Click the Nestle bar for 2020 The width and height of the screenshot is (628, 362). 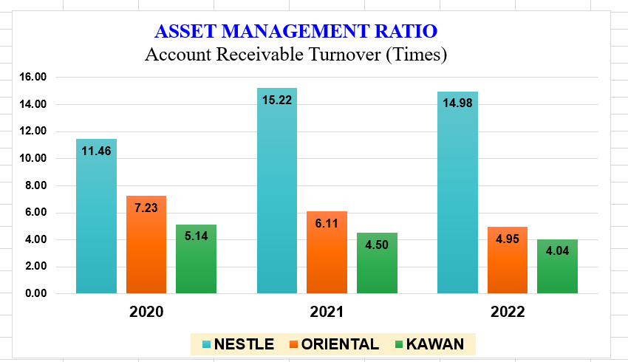pyautogui.click(x=96, y=222)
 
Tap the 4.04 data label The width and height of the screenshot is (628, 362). pyautogui.click(x=557, y=250)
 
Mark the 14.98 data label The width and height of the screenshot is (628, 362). pyautogui.click(x=457, y=103)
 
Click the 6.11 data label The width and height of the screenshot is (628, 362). pyautogui.click(x=327, y=223)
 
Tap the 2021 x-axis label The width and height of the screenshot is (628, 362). pyautogui.click(x=327, y=312)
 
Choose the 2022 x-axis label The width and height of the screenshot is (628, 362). pyautogui.click(x=507, y=312)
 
